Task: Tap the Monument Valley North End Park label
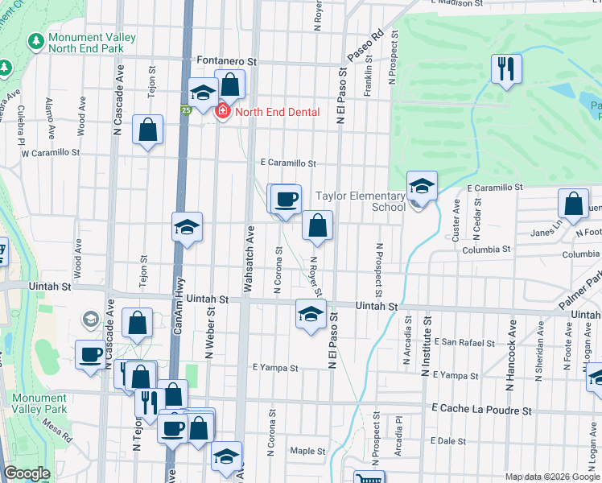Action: click(x=86, y=43)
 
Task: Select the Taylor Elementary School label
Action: click(x=360, y=201)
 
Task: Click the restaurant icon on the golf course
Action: click(x=506, y=69)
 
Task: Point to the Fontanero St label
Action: click(x=226, y=61)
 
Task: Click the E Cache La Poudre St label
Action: click(x=482, y=411)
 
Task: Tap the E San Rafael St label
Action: click(x=467, y=343)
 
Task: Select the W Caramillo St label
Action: click(x=50, y=151)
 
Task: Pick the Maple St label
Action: click(x=307, y=451)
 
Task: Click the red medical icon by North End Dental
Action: click(x=222, y=112)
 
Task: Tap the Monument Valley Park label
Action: click(x=51, y=404)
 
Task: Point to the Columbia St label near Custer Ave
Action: click(x=486, y=250)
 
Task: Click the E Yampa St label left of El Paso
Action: click(x=275, y=367)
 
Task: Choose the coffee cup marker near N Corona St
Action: click(x=287, y=199)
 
